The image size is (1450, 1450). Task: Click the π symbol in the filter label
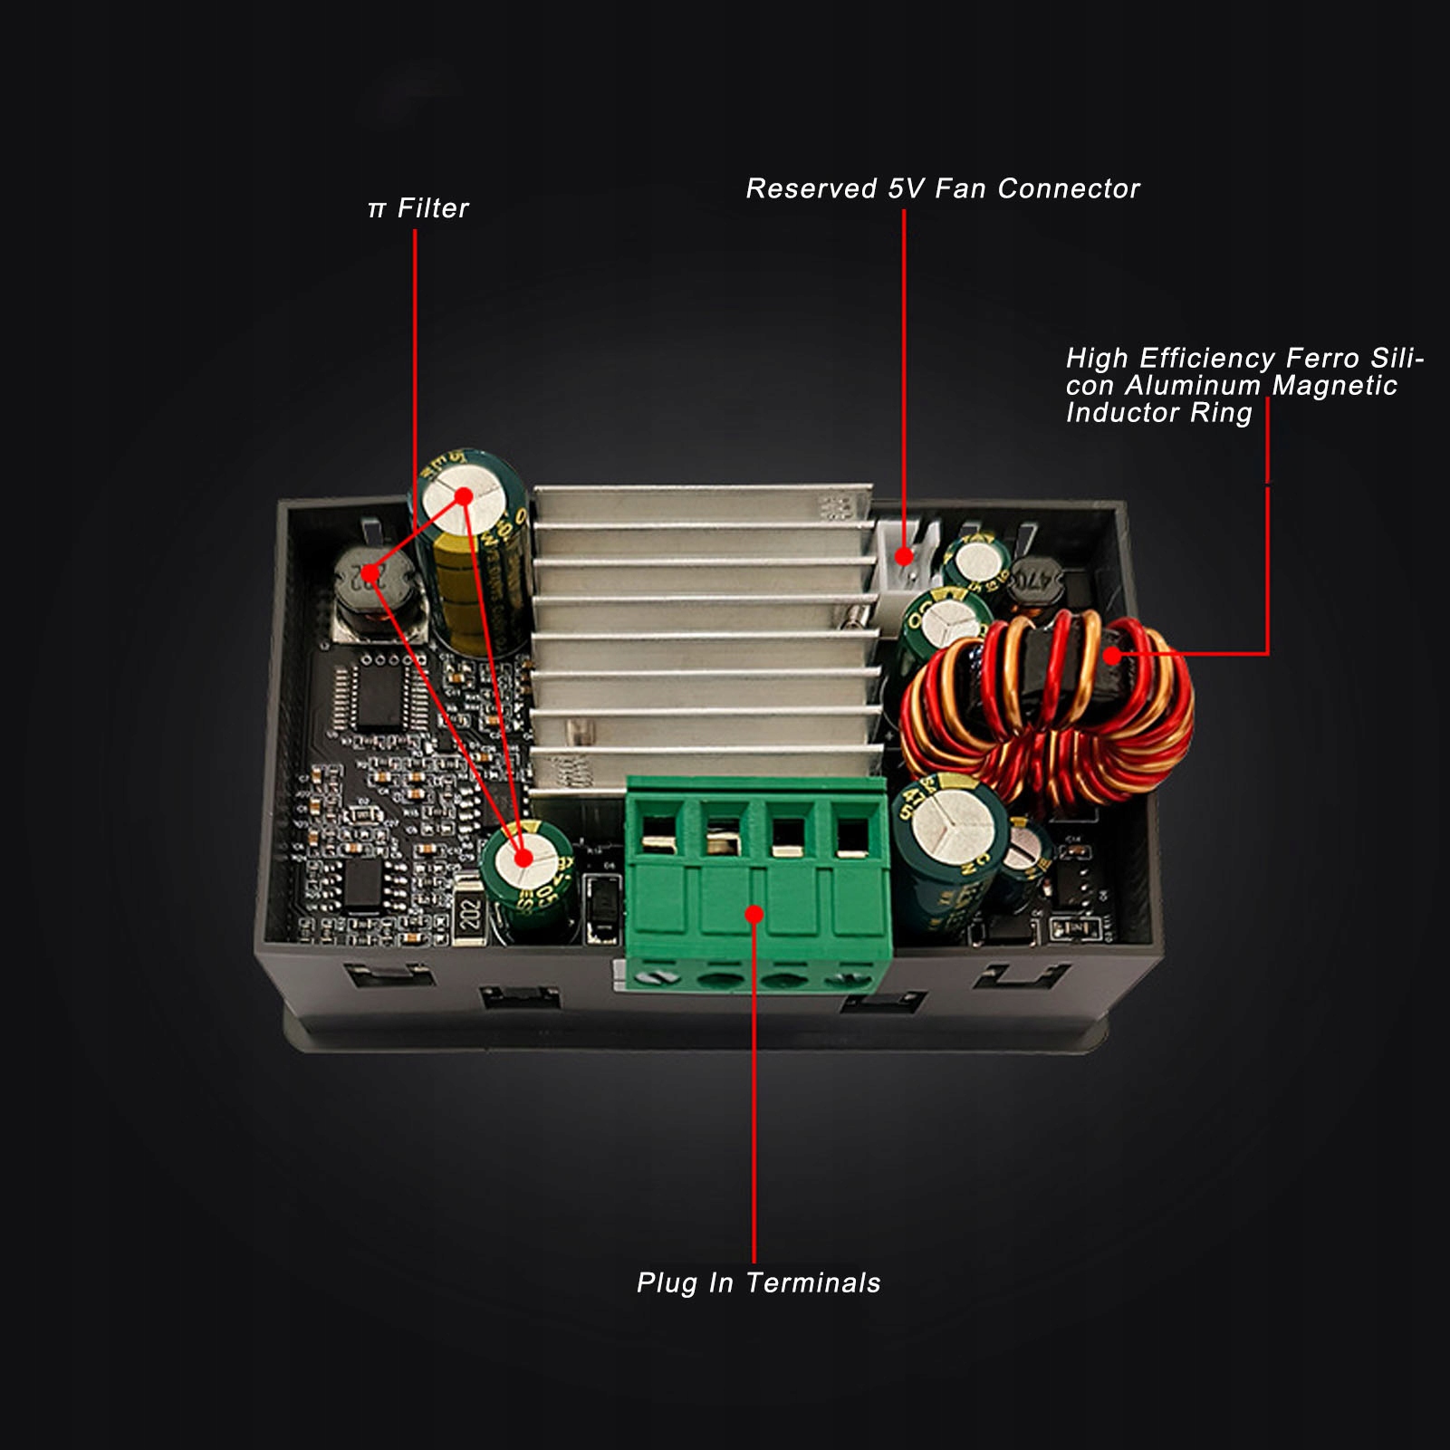click(377, 210)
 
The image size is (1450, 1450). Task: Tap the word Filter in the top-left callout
click(433, 208)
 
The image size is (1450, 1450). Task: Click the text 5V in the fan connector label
click(906, 188)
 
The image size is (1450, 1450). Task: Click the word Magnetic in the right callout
click(1334, 386)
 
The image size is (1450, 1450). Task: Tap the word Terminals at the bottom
click(812, 1282)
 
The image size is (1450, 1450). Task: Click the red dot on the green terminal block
click(754, 915)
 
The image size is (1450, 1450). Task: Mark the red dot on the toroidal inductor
click(1112, 655)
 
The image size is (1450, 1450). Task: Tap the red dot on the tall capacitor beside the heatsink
click(464, 496)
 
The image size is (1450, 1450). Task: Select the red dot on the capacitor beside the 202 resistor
click(523, 858)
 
